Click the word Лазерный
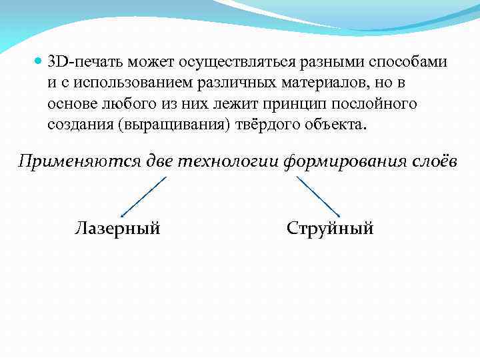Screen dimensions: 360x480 click(117, 229)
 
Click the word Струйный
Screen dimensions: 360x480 click(329, 229)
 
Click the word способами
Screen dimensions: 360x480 click(411, 62)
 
